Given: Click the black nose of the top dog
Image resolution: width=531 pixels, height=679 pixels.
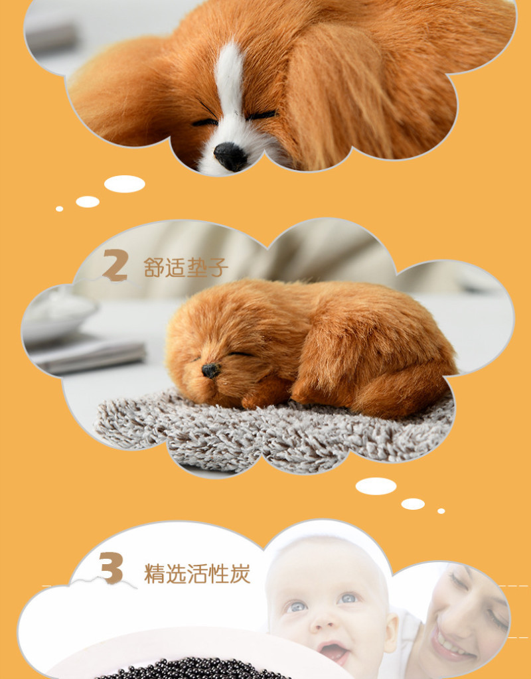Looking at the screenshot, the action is pos(230,156).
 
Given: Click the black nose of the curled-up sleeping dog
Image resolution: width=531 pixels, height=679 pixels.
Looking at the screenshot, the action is pos(210,370).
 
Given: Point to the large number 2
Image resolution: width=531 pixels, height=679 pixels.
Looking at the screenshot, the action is pos(115,265).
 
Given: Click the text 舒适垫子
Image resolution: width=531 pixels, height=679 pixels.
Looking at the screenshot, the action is pos(186,267).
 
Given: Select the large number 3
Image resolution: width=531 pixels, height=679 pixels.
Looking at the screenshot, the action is pos(112,567).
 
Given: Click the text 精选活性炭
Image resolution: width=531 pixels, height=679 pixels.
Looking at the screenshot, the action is pos(197,573).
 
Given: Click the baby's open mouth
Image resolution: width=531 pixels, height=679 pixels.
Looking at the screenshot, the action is pos(333,651).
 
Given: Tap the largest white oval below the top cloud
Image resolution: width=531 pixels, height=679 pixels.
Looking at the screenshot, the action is pos(124,184).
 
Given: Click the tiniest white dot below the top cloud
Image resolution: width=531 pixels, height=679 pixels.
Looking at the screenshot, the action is pos(59,208).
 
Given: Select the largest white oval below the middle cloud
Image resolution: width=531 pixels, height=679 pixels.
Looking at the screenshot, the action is pos(376,486).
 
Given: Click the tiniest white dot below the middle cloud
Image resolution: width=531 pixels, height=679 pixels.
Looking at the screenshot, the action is pos(441,511).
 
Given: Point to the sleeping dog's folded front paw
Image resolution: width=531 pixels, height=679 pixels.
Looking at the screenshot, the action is pos(265,392).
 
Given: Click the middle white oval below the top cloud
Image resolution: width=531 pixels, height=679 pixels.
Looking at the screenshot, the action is pos(88,201).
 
